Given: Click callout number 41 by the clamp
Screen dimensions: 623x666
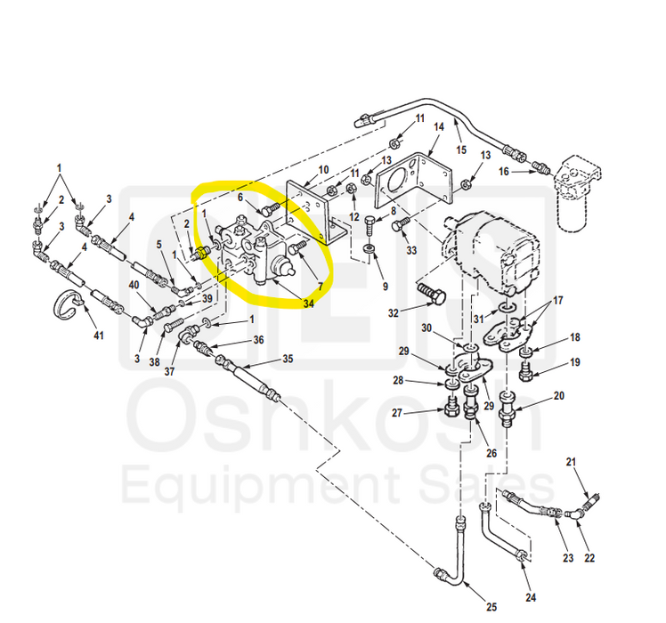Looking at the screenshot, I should point(99,336).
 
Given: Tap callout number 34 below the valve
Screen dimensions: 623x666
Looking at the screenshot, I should point(308,303).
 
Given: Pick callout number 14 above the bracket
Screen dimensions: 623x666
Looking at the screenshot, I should point(438,127).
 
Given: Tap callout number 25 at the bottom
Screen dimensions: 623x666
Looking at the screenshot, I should point(491,594).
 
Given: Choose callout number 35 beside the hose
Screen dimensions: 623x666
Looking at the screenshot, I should point(287,360).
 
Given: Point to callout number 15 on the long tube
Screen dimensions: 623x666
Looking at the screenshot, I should point(461,150).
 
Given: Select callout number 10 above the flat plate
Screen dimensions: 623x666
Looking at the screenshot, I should point(323,169).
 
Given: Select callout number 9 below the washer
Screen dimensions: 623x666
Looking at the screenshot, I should point(386,286).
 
